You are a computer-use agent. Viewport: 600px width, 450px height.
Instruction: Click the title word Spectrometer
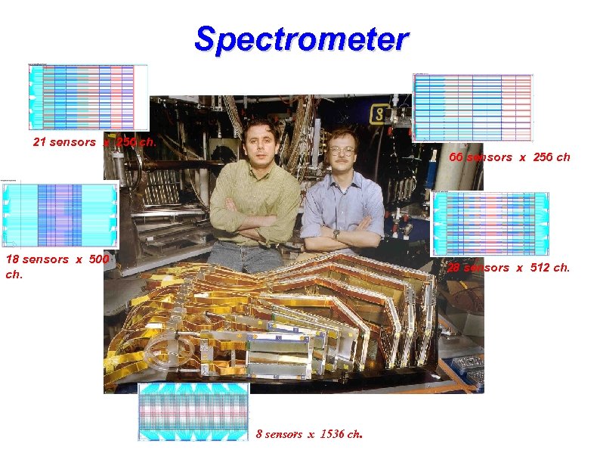(301, 39)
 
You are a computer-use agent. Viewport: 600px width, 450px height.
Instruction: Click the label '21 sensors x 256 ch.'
(94, 142)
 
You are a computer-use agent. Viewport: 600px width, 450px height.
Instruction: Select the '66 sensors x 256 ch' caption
(509, 157)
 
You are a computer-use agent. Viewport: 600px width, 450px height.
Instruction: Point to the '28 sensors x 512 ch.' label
(508, 268)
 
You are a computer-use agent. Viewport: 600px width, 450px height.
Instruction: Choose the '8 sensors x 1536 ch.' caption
(310, 434)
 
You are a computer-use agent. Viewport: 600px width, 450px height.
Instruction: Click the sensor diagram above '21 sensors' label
(88, 98)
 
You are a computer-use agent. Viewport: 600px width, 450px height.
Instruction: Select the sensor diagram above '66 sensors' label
(473, 107)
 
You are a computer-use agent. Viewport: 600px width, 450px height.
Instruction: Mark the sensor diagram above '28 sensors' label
(490, 224)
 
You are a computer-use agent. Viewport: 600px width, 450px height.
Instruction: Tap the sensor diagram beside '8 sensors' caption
(194, 411)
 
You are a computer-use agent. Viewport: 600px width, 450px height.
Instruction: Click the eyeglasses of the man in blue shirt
(342, 151)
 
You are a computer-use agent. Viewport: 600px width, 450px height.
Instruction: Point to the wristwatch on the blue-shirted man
(336, 234)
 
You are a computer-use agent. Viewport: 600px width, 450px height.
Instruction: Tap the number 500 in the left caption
(98, 260)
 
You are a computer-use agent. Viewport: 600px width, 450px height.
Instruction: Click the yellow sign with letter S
(379, 114)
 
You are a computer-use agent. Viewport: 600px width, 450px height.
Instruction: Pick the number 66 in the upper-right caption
(456, 157)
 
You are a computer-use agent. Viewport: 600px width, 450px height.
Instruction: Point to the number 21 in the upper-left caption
(39, 142)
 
